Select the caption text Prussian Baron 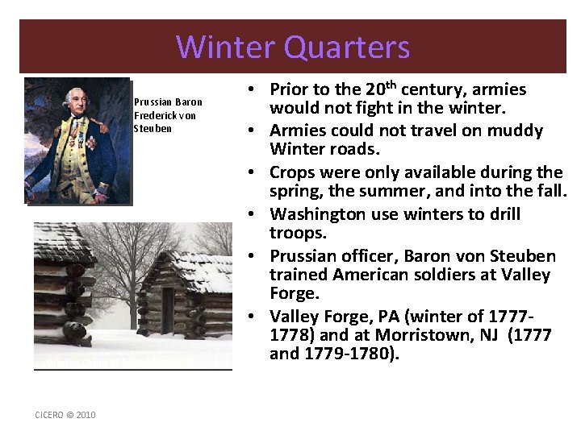(x=168, y=102)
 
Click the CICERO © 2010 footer (x=65, y=415)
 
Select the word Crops (x=292, y=172)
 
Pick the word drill (x=504, y=214)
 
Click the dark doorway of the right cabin (x=168, y=310)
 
